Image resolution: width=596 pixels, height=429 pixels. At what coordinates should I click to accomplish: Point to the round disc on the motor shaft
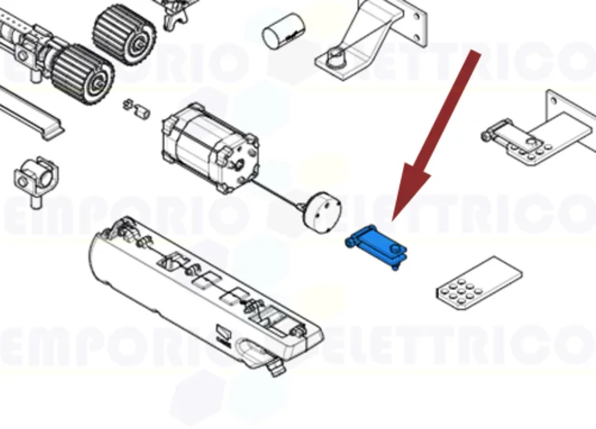321,209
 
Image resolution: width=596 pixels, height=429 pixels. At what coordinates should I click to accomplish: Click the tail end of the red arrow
474,57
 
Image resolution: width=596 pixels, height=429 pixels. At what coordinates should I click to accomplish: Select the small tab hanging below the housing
275,367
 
